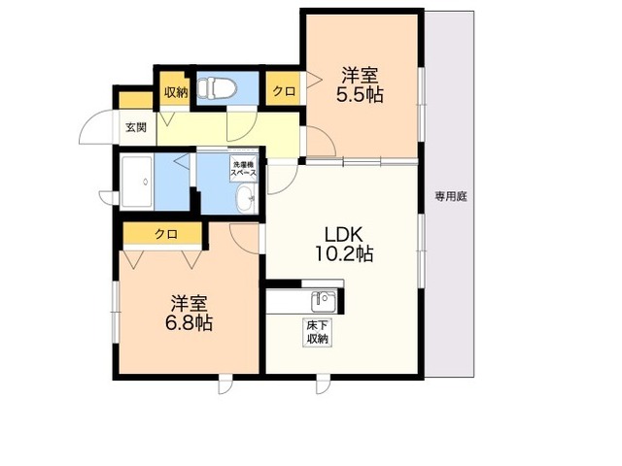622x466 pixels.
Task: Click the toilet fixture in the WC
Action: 217,88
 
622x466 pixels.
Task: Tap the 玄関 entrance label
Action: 136,127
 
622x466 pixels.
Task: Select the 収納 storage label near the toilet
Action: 176,92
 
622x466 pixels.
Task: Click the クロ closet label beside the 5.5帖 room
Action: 284,91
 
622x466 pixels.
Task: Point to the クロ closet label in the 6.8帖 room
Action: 166,234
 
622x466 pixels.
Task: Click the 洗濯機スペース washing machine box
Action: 244,168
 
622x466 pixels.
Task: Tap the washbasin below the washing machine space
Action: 247,199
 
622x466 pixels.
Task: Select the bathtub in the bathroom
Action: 137,182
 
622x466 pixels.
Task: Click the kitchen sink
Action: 324,302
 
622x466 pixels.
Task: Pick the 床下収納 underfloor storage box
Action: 318,332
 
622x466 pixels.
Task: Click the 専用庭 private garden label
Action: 451,196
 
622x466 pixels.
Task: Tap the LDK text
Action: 343,235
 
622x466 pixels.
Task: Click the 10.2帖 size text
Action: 343,253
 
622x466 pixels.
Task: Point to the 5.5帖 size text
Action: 360,95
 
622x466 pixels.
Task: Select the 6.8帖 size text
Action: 189,323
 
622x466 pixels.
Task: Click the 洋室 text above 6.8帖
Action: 189,304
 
